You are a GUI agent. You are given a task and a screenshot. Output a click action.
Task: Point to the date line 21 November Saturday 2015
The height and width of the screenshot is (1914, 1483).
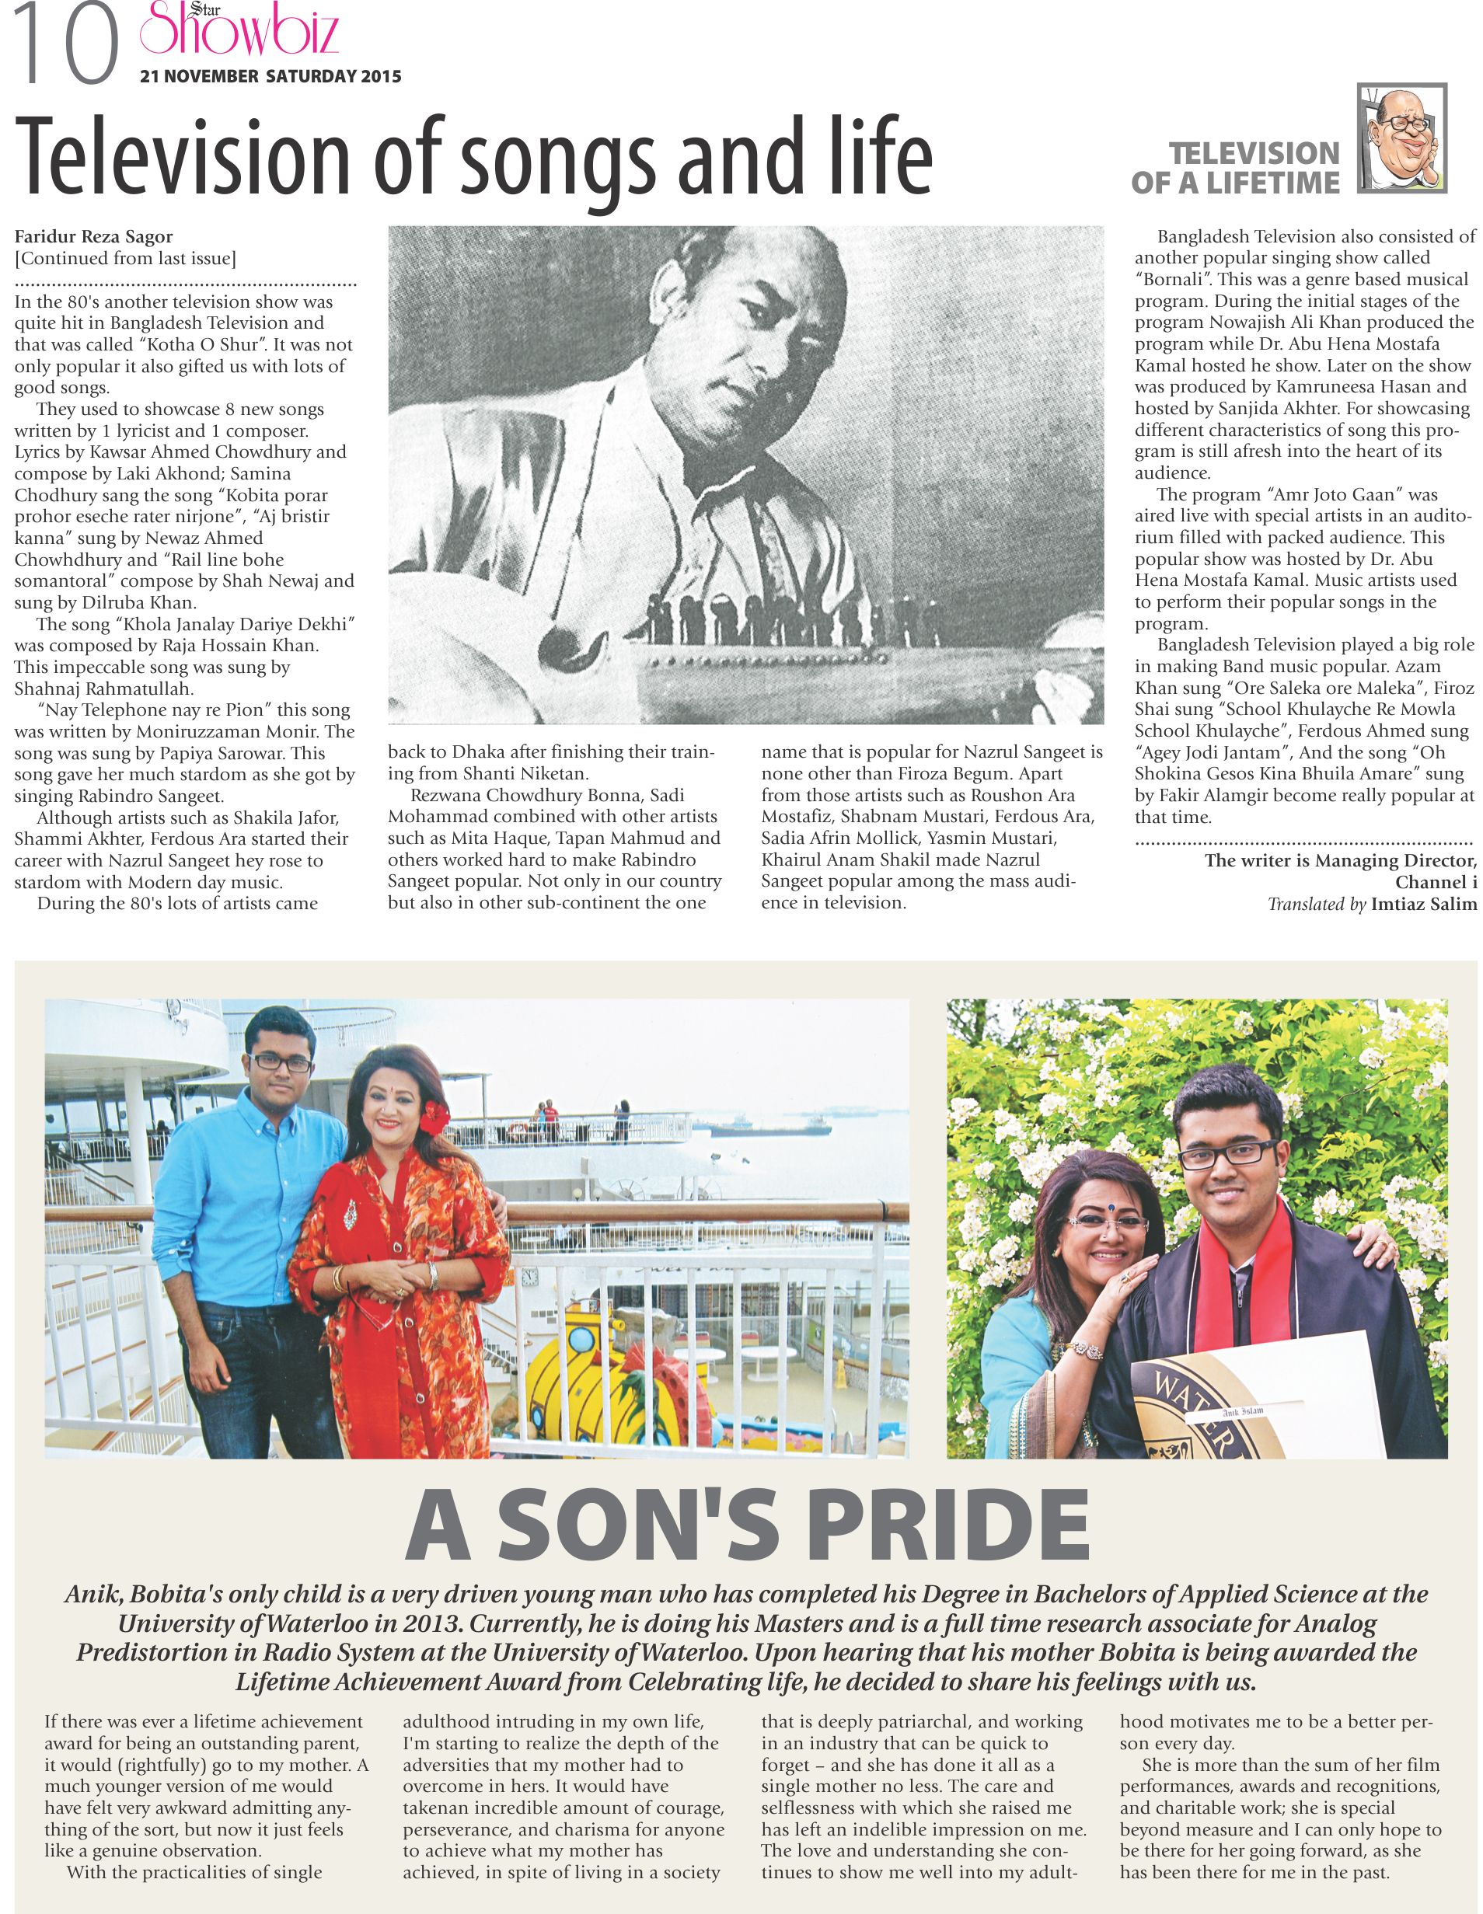pos(270,77)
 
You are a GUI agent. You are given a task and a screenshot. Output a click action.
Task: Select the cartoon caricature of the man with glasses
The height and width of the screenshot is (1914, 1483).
pos(1400,138)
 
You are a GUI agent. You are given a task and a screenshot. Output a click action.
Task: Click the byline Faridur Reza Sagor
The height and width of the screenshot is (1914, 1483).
pos(94,236)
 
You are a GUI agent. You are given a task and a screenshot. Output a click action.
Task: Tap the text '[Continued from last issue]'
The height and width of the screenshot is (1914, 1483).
pos(125,259)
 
